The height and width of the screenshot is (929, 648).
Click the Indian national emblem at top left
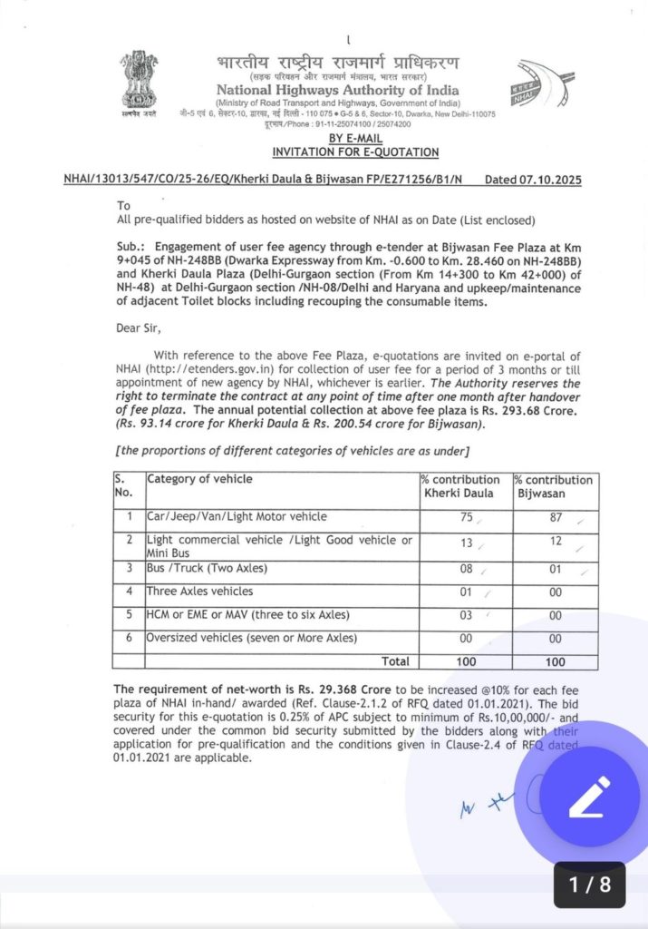point(139,82)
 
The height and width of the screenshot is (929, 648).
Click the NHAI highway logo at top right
point(542,88)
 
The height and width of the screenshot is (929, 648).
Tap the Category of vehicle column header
point(199,479)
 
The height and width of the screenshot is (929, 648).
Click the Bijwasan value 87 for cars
point(554,516)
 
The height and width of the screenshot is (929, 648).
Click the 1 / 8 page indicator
point(589,885)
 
